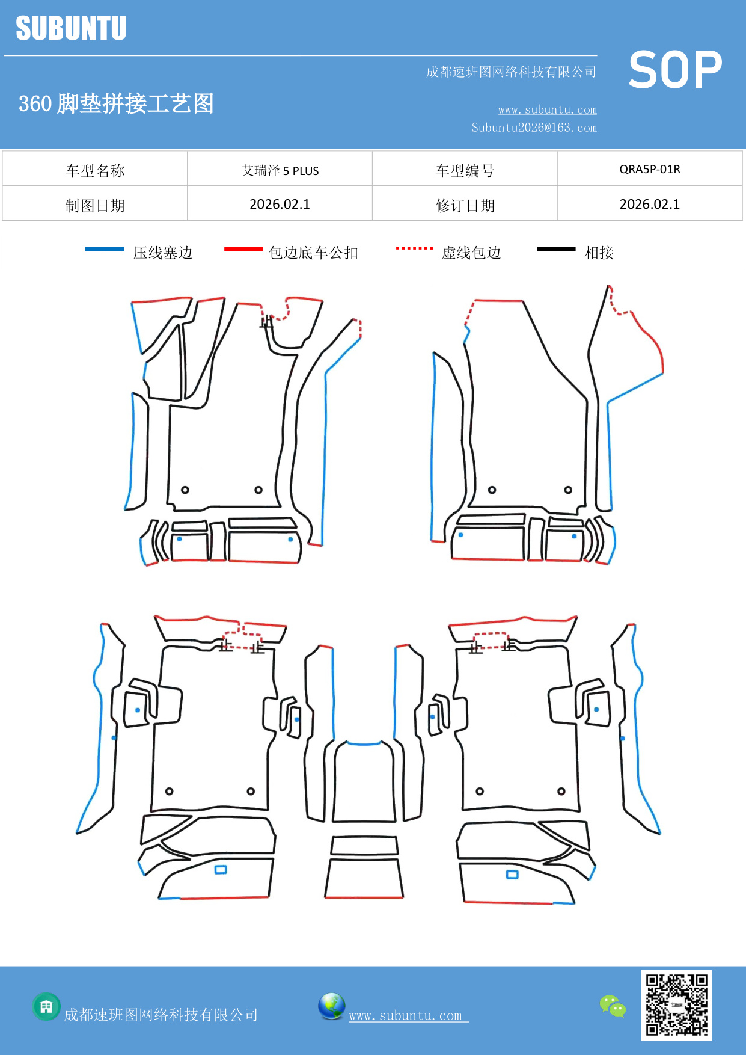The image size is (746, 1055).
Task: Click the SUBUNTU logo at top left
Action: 71,28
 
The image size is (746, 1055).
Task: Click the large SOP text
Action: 675,70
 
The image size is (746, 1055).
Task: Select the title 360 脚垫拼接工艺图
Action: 116,103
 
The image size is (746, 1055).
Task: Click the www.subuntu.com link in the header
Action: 547,109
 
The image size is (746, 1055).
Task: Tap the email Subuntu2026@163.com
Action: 534,128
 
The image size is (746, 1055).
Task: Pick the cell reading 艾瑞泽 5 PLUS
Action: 280,170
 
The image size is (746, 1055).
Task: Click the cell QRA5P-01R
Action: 649,169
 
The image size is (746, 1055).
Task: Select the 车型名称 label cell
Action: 95,171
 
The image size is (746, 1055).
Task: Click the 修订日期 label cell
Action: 465,206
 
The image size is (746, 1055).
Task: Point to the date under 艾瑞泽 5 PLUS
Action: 280,205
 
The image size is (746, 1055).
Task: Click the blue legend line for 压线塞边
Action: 105,249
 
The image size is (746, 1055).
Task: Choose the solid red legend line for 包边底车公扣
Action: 243,249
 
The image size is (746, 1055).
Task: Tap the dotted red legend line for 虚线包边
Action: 414,248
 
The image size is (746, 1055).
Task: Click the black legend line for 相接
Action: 556,249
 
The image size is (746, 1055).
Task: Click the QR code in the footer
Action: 676,1004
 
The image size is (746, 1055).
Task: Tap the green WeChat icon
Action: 613,1006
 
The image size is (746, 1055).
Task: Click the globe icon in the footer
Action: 331,1006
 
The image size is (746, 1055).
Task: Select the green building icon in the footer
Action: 46,1006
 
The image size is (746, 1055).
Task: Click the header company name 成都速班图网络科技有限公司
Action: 511,72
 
